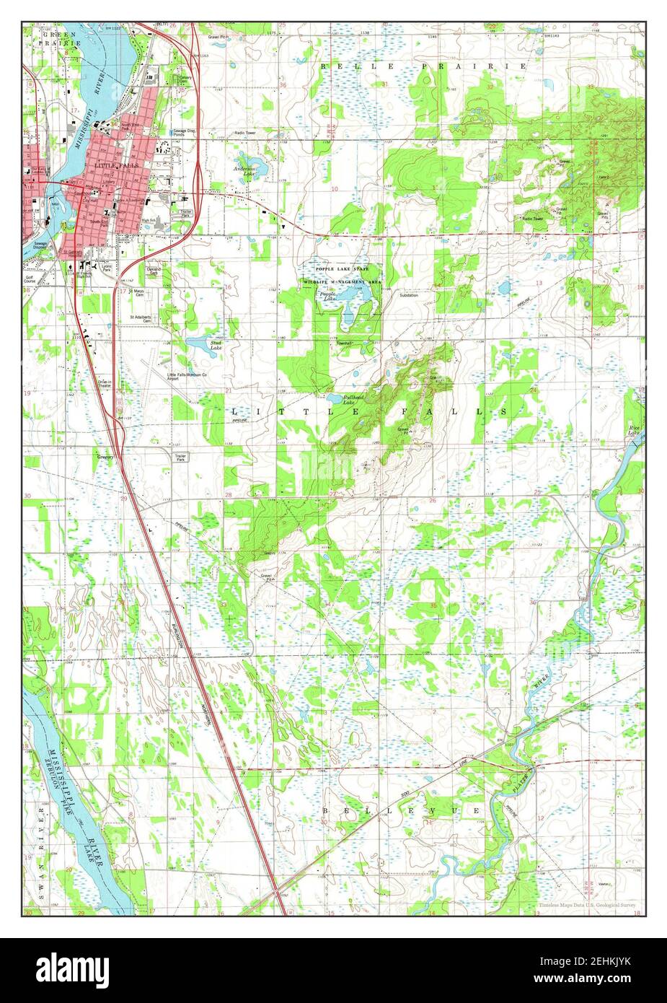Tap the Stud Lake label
pyautogui.click(x=216, y=345)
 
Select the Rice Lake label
pyautogui.click(x=635, y=430)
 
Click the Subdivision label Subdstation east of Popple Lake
pyautogui.click(x=409, y=295)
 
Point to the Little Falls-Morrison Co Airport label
pyautogui.click(x=186, y=377)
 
